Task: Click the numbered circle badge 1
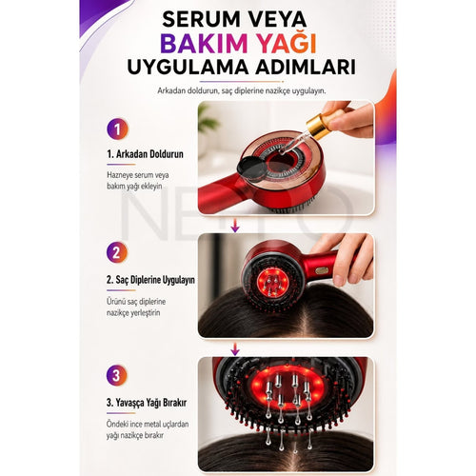[x=117, y=129]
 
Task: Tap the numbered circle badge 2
[x=117, y=252]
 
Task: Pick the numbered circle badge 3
[x=116, y=375]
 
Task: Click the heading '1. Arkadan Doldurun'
[x=145, y=154]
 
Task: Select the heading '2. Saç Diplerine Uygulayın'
[x=150, y=280]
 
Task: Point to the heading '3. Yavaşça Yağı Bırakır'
[x=147, y=403]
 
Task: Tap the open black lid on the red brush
[x=252, y=167]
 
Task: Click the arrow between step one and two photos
[x=235, y=225]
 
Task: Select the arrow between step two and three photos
[x=235, y=348]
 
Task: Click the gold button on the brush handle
[x=322, y=270]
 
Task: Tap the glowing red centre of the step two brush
[x=273, y=282]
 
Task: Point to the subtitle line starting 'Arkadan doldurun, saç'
[x=242, y=91]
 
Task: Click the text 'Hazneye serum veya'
[x=138, y=175]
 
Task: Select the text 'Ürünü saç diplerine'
[x=136, y=302]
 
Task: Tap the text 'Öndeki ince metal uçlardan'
[x=148, y=425]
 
